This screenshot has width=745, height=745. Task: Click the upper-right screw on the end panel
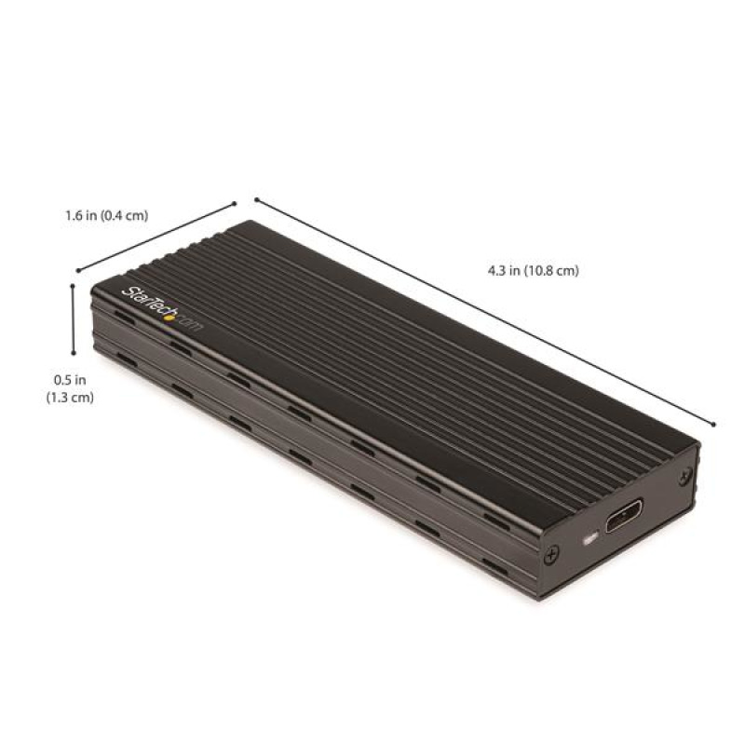tap(686, 475)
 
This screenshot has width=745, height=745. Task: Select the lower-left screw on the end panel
tap(553, 556)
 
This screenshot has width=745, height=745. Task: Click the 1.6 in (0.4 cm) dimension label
tap(107, 216)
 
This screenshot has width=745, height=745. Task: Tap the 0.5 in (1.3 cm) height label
tap(70, 388)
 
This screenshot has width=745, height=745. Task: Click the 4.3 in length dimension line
tap(484, 311)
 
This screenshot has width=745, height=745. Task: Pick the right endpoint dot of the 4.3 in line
tap(713, 424)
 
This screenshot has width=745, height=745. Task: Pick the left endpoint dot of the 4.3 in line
tap(255, 198)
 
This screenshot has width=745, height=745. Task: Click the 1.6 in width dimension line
tap(156, 237)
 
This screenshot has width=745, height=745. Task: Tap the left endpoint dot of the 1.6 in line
tap(77, 271)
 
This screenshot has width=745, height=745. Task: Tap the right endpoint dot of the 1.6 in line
tap(236, 202)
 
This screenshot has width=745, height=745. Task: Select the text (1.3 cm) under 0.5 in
tap(70, 397)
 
